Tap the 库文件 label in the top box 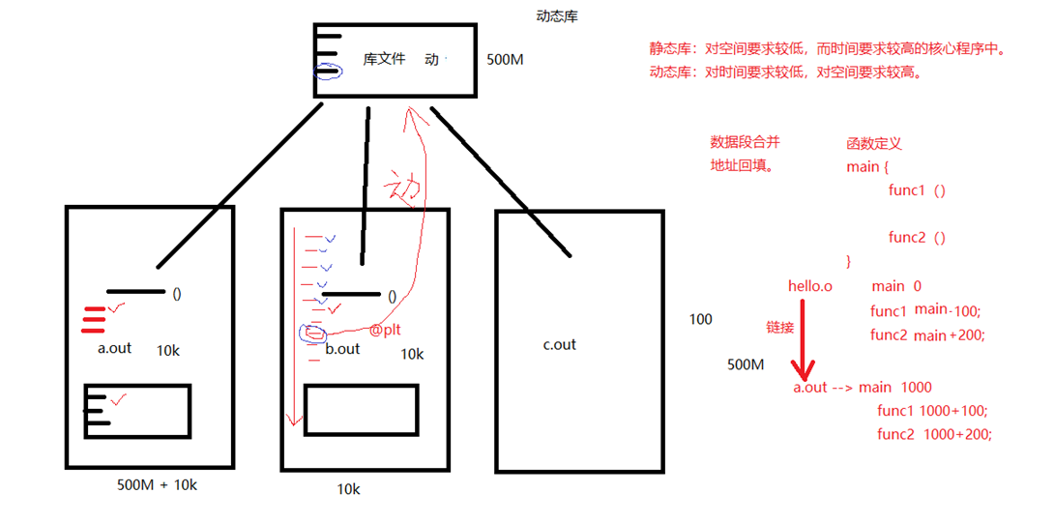[384, 59]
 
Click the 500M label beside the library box [505, 59]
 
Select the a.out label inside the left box [114, 348]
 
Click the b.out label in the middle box [341, 349]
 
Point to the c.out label [559, 345]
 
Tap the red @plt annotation [385, 330]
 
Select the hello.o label [810, 286]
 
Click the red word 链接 [780, 328]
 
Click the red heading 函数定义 [873, 143]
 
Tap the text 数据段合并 [745, 142]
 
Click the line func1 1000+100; [933, 411]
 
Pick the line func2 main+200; [925, 335]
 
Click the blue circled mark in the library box [329, 72]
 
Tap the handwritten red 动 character [404, 184]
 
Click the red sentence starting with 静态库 [828, 48]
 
